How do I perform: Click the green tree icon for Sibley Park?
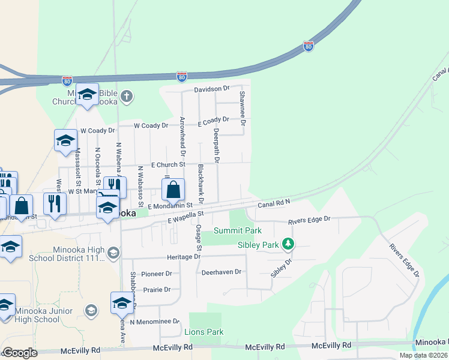pyautogui.click(x=289, y=244)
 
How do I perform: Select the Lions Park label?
pyautogui.click(x=204, y=332)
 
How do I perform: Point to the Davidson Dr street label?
pyautogui.click(x=212, y=89)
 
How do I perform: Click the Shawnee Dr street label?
pyautogui.click(x=243, y=108)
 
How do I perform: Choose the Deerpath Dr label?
pyautogui.click(x=216, y=145)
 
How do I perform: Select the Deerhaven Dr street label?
pyautogui.click(x=221, y=272)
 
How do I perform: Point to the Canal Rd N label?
pyautogui.click(x=274, y=205)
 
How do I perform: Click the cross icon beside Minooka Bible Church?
pyautogui.click(x=126, y=95)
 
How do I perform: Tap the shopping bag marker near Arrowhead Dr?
pyautogui.click(x=173, y=190)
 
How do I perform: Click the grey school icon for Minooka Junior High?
pyautogui.click(x=91, y=310)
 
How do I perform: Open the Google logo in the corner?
pyautogui.click(x=19, y=353)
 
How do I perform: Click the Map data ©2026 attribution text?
pyautogui.click(x=423, y=355)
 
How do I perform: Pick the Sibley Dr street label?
pyautogui.click(x=280, y=268)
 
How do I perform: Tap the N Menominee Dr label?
pyautogui.click(x=154, y=322)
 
